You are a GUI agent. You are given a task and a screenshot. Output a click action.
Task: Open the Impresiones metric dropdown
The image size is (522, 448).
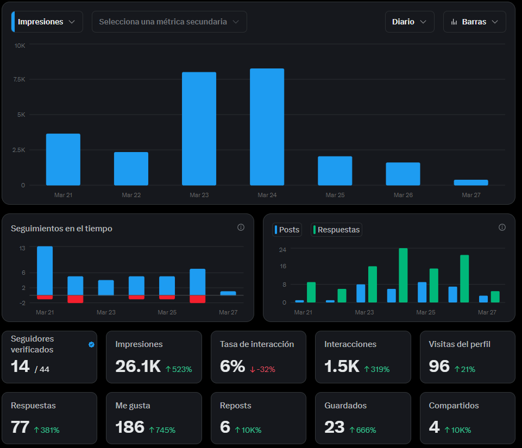[x=47, y=22]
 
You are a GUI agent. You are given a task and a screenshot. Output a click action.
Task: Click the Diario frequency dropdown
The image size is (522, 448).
[x=410, y=22]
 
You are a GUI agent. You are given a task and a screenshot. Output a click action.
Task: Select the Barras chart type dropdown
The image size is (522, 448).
[x=474, y=22]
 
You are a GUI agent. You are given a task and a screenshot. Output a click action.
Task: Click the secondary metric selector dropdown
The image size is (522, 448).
[x=169, y=22]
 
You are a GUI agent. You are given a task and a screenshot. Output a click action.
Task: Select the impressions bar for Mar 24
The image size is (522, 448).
[x=267, y=127]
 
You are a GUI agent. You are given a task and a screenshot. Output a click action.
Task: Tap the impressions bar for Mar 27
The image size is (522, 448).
[x=471, y=182]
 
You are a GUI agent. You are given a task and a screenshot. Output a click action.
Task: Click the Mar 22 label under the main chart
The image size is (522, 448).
[x=131, y=195]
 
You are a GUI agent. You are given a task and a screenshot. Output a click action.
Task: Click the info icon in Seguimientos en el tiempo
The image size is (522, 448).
[x=241, y=228]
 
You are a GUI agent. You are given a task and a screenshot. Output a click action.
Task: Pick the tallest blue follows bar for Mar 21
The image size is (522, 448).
[x=45, y=270]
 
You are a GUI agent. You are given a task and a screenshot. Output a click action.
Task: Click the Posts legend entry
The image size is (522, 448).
[x=287, y=230]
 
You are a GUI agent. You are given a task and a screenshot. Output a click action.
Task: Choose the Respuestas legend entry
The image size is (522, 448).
[x=336, y=230]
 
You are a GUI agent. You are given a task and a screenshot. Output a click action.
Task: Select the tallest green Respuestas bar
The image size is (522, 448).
[x=403, y=275]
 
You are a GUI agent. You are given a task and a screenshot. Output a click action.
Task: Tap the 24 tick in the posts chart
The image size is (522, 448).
[x=282, y=249]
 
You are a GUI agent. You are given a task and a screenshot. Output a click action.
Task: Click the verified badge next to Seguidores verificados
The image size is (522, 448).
[x=91, y=344]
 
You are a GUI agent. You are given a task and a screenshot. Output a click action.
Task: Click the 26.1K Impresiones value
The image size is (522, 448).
[x=137, y=367]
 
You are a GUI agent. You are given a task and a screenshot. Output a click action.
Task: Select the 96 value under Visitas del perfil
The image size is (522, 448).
[x=439, y=367]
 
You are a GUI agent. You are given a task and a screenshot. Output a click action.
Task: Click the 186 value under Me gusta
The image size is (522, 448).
[x=130, y=427]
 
